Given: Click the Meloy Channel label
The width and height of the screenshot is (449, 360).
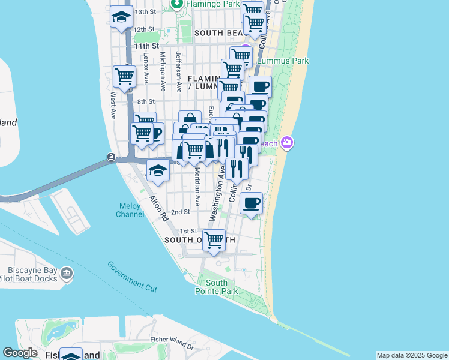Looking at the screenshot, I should coord(130,210).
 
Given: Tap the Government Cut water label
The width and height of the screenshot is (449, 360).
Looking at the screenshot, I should coord(133,277).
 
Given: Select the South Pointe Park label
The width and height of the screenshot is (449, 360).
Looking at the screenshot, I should coord(216,287).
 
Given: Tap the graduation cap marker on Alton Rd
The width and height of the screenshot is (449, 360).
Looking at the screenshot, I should coord(157,170).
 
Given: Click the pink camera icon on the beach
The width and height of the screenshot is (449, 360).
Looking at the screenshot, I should coord(288,142).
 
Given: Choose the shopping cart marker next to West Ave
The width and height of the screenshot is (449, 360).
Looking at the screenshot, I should coord(124,76).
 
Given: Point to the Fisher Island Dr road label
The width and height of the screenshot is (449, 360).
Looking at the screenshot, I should coord(172,343).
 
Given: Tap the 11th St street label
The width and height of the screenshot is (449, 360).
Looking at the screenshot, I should coord(146,46).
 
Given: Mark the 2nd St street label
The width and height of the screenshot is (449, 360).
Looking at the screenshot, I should coord(180,212).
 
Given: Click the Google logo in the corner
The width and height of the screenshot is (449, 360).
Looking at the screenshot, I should coord(20,353).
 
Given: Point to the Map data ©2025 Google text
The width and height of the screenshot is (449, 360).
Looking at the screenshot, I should coord(412,355).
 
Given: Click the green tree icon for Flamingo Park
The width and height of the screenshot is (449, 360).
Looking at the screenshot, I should coord(177,4).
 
